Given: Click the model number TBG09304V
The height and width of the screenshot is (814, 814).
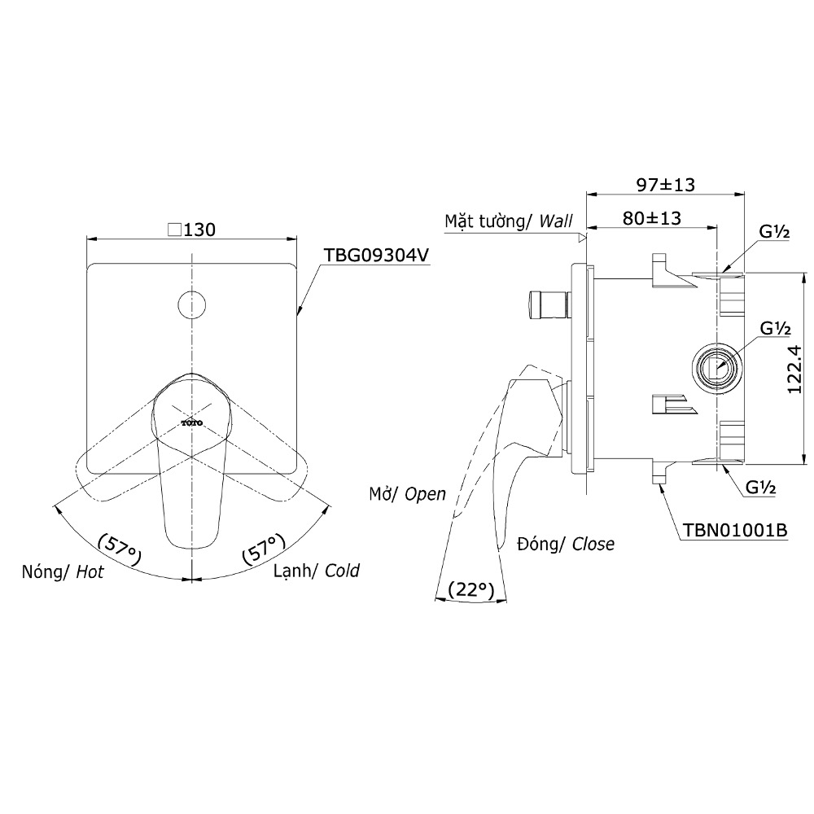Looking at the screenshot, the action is pos(376,255).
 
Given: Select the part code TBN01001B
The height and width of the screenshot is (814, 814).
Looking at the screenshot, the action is pos(734,530).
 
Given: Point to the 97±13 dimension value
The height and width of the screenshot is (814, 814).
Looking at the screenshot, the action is pos(666,184).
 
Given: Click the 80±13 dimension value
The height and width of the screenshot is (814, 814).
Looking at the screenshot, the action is pos(652,218).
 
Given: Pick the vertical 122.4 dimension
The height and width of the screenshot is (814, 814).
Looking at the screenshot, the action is pos(794,370).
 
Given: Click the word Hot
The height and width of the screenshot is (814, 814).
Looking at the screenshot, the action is pos(90,571).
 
